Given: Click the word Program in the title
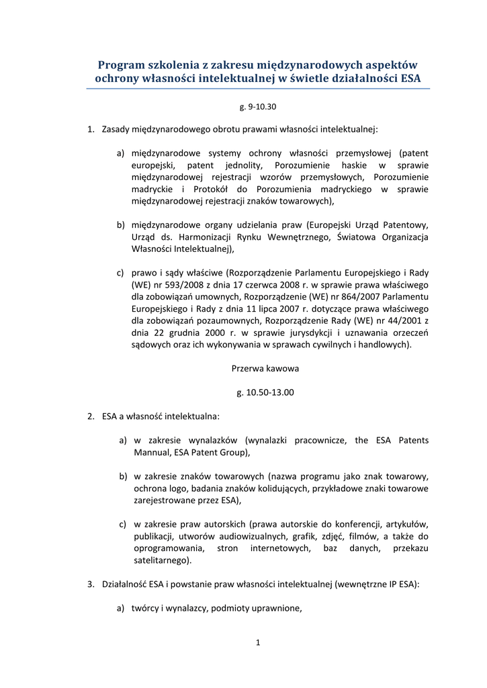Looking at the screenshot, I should click(x=122, y=65).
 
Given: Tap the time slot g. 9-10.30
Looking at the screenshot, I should click(x=258, y=107).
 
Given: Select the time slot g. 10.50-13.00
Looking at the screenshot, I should click(x=265, y=392).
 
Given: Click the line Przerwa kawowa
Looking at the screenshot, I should click(x=265, y=369).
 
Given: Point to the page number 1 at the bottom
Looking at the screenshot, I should click(x=258, y=642).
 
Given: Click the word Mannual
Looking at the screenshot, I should click(x=152, y=453).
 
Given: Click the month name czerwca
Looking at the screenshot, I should click(x=281, y=285).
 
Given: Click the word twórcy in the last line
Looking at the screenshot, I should click(x=144, y=609).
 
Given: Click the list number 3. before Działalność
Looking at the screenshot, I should click(x=91, y=585).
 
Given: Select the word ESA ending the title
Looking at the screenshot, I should click(x=410, y=79).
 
